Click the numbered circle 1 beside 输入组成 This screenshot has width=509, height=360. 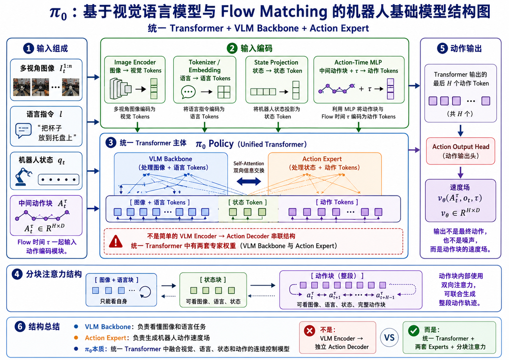pos(28,48)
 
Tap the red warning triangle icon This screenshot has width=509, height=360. pos(116,241)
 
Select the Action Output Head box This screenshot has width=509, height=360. pos(461,151)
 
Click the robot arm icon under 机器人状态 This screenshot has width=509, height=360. pos(24,177)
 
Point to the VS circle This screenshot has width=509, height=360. pos(389,337)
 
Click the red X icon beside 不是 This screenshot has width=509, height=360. pos(310,331)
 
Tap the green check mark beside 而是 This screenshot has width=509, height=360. pos(413,331)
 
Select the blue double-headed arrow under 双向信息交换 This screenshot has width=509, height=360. pos(249,181)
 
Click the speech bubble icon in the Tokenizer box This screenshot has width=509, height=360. pos(188,92)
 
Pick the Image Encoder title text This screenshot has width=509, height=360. pos(135,62)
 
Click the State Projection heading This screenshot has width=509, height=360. pos(276,62)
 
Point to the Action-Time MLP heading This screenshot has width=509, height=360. pos(358,62)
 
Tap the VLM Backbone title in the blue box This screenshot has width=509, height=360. pos(170,159)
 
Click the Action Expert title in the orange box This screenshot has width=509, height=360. pos(322,159)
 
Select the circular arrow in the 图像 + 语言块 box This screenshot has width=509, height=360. pos(145,292)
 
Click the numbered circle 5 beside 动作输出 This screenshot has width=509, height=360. pos(442,48)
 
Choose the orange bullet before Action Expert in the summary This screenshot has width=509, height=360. pos(76,338)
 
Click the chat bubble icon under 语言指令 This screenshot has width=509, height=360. pos(23,131)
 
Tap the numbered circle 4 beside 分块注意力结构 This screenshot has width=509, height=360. pos(17,274)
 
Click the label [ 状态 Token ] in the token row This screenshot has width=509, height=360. pos(248,202)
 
